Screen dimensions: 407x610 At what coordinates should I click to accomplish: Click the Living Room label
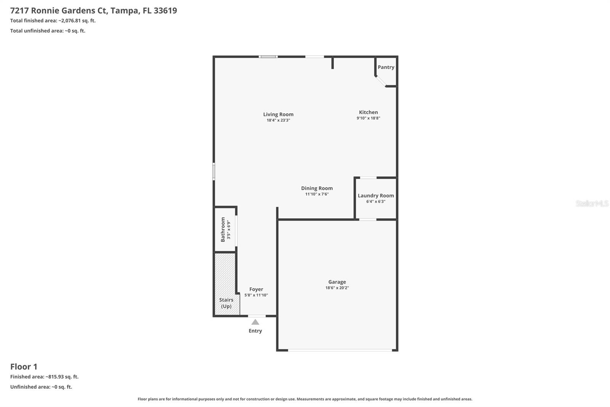278,114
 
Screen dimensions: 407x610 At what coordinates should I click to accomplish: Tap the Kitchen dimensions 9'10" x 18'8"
368,118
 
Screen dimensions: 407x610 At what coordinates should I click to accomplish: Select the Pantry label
386,67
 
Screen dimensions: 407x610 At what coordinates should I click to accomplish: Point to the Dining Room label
317,188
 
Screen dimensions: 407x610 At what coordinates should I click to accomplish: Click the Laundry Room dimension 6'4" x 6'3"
376,202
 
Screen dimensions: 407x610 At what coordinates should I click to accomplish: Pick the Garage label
337,282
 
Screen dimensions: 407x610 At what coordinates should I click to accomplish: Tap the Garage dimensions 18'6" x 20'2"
337,288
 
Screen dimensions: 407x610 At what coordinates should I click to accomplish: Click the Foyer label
256,289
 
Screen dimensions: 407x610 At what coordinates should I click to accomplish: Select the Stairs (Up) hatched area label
226,303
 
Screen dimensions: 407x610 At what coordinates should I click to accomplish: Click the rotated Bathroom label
223,229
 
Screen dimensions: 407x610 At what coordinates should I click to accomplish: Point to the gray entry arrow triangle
255,322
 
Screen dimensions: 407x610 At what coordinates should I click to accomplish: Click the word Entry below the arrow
255,331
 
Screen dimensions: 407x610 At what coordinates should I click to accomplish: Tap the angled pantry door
380,81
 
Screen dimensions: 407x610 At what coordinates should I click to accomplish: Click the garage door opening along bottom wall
339,350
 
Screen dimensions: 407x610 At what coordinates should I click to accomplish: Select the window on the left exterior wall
214,171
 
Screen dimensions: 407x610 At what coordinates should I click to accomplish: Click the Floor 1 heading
24,367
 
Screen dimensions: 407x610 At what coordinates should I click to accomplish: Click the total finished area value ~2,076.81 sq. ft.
77,21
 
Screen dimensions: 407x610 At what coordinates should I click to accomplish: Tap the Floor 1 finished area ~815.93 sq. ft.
62,377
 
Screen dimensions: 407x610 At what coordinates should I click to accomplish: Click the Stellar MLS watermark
592,203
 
